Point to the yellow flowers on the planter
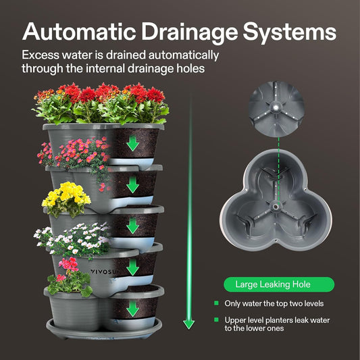pos(66,195)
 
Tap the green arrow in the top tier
pos(132,144)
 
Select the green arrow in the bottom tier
pos(132,309)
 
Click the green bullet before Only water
pos(216,303)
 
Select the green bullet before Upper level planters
pos(216,319)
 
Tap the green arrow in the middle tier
pos(132,226)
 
